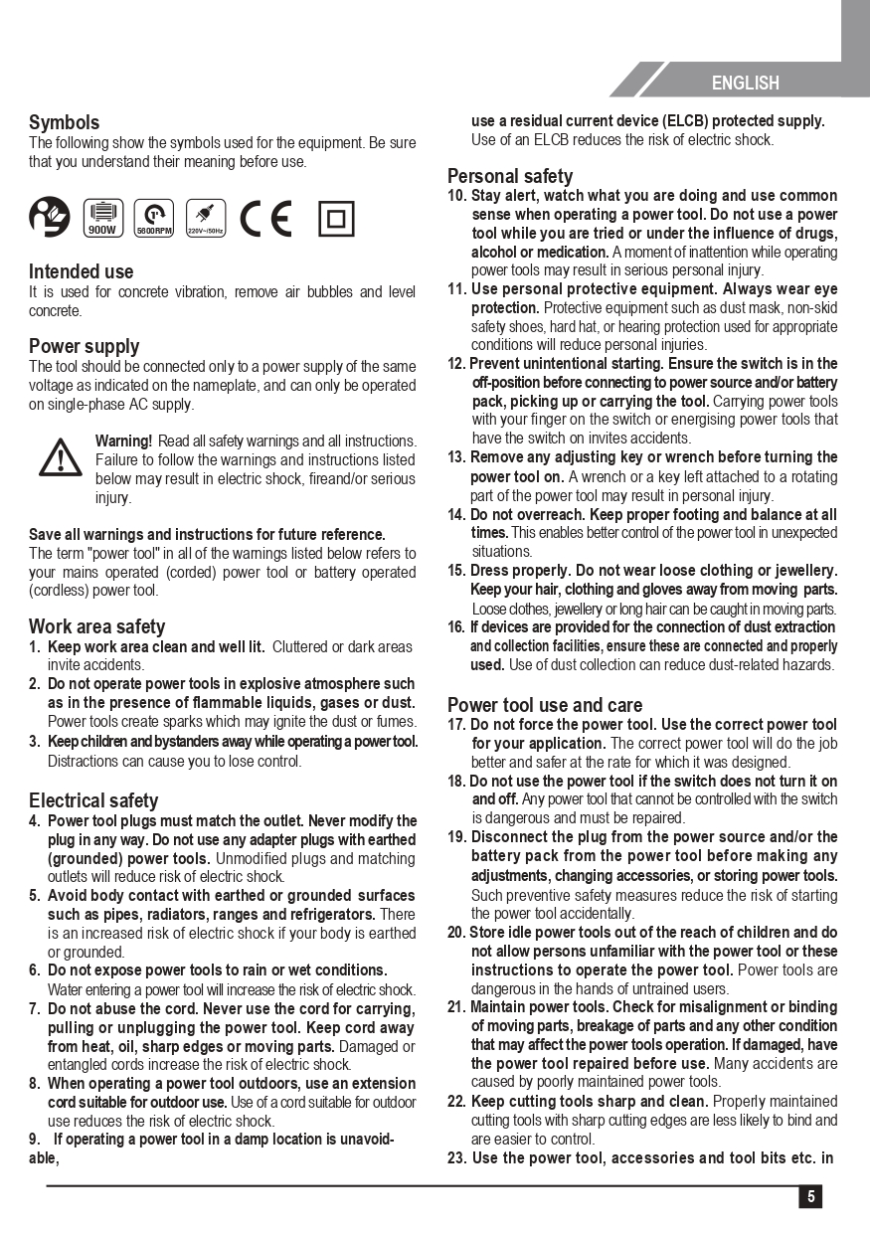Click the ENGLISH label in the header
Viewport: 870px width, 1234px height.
(745, 84)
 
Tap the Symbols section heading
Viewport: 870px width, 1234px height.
(64, 122)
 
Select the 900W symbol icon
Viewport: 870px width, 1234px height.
(102, 218)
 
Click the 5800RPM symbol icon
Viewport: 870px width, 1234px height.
(154, 218)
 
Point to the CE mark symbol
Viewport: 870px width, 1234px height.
(266, 218)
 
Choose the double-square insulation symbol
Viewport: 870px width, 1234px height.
(335, 218)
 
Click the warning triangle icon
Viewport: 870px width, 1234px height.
(62, 455)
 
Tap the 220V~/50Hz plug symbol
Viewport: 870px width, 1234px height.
(206, 218)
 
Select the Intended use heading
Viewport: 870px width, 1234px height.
(81, 271)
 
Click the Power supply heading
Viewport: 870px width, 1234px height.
(84, 346)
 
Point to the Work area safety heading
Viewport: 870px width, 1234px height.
(96, 626)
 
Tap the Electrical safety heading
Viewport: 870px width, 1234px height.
(93, 800)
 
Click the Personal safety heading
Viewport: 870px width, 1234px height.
(510, 176)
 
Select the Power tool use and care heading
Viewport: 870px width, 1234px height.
(545, 705)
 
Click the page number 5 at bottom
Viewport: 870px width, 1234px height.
(810, 1197)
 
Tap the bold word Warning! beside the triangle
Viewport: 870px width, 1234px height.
(123, 441)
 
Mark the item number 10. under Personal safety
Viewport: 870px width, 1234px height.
(456, 196)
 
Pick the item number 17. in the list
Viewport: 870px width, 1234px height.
(456, 725)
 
